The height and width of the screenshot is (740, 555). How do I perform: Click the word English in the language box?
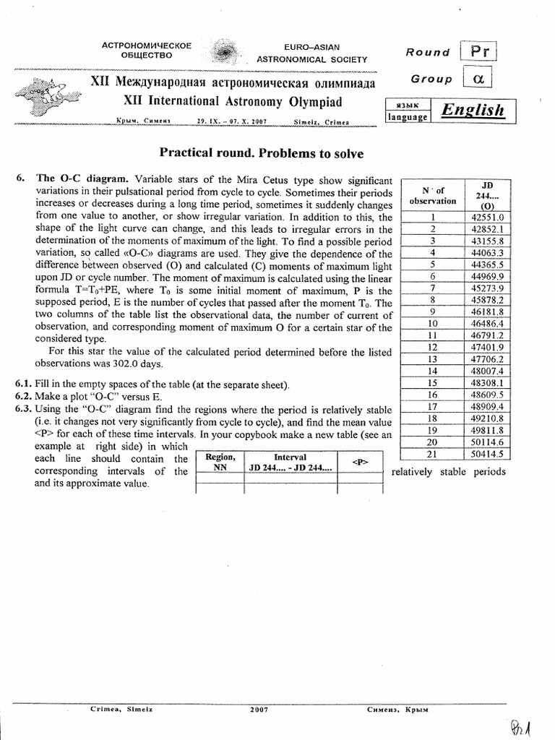473,110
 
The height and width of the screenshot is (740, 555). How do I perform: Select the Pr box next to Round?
480,52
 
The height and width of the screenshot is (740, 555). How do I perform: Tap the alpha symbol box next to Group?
478,79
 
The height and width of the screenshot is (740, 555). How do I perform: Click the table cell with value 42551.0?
490,216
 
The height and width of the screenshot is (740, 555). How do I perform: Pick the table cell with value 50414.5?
490,455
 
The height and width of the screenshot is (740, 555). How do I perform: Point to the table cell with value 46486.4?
490,323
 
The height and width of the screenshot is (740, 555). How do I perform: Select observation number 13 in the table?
432,359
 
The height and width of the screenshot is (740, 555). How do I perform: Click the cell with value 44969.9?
490,275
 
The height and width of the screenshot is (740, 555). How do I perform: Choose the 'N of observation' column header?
433,195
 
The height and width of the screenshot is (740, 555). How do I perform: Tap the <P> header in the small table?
359,462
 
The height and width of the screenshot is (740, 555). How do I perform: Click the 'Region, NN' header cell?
220,462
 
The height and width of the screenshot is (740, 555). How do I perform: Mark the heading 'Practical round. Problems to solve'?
261,153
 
